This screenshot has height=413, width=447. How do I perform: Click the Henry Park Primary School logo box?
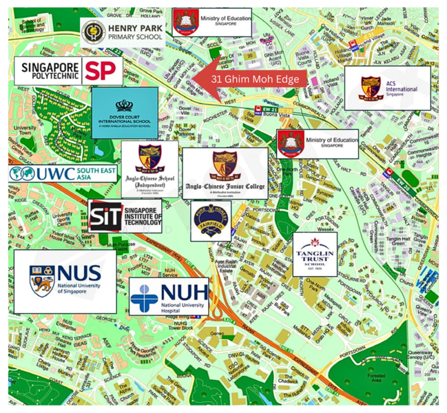tap(122, 33)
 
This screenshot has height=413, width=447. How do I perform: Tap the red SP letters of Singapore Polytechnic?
tap(99, 70)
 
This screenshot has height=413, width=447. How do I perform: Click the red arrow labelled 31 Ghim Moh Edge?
tap(251, 79)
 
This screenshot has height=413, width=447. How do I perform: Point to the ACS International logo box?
tap(387, 88)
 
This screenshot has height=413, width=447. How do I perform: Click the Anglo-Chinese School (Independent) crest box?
tap(150, 170)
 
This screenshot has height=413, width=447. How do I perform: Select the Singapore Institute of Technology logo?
tap(125, 216)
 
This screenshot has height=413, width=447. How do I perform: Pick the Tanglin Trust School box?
tap(315, 254)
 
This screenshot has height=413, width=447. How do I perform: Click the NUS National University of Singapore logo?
tap(65, 281)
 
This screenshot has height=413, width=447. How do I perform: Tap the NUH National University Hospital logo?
tap(169, 297)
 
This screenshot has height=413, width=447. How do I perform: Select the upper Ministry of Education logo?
tap(213, 22)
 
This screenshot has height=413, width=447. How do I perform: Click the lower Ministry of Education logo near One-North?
tap(318, 142)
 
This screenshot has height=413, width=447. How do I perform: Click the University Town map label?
tap(25, 129)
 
